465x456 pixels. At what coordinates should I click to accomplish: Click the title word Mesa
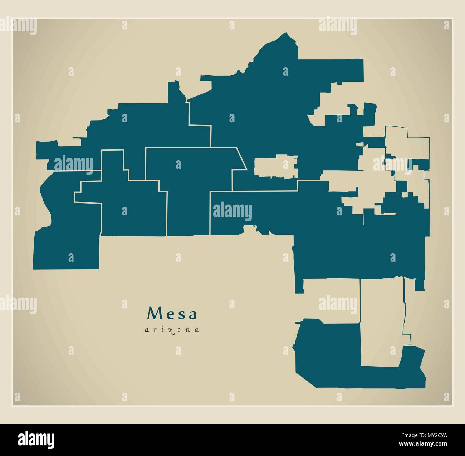pyautogui.click(x=172, y=314)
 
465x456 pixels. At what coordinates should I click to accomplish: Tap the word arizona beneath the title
pyautogui.click(x=172, y=330)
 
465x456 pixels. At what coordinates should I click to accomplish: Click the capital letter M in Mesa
pyautogui.click(x=153, y=314)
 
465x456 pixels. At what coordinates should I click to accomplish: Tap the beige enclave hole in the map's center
pyautogui.click(x=275, y=166)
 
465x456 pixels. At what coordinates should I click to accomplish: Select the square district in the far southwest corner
pyautogui.click(x=66, y=250)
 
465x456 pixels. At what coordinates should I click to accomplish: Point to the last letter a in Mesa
pyautogui.click(x=193, y=314)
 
